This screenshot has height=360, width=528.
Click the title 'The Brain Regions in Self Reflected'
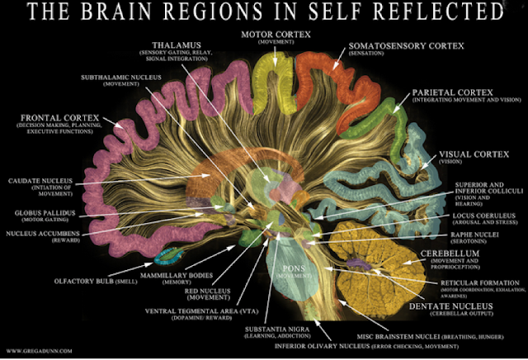coord(264,13)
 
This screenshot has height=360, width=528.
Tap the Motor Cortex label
coord(275,35)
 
